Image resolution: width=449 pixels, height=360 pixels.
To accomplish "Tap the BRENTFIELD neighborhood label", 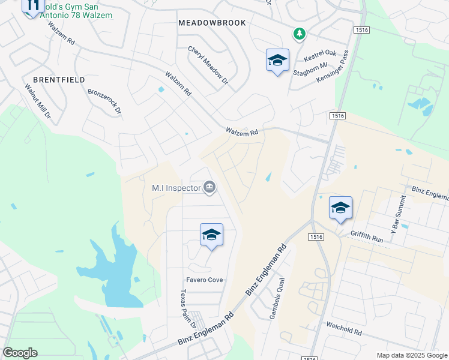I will [x=59, y=80].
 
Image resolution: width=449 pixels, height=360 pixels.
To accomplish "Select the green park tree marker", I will [x=298, y=34].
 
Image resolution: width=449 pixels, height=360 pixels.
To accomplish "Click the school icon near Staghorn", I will [x=277, y=60].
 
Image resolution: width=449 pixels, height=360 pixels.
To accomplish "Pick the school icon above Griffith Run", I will [x=340, y=208].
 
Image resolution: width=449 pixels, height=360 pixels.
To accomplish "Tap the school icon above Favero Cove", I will [x=211, y=235].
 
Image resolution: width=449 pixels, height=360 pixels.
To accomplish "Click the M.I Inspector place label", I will [x=176, y=188].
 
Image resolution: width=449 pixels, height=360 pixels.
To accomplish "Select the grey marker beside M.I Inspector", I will [x=209, y=188].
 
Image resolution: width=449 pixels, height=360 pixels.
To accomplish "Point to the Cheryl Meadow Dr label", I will [x=208, y=65].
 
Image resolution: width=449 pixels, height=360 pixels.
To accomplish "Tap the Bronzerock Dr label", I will [x=104, y=102].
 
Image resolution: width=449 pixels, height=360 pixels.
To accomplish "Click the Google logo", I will [x=20, y=352].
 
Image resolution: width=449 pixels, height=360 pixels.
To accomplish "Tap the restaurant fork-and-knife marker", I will [x=33, y=7].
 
